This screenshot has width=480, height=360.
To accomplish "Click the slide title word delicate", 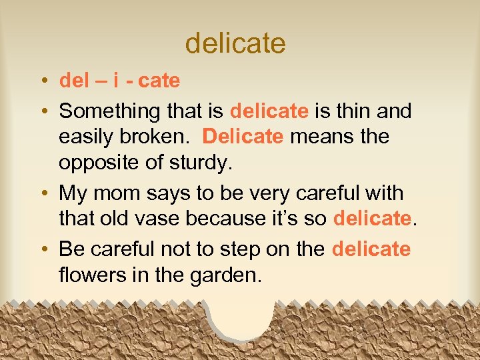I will (x=235, y=43).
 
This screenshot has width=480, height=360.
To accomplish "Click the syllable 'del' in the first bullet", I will (x=74, y=81).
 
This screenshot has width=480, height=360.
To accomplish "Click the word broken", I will (x=157, y=137).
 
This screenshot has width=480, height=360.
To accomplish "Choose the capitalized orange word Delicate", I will (x=243, y=137).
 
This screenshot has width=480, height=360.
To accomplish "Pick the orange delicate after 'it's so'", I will (x=372, y=219).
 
